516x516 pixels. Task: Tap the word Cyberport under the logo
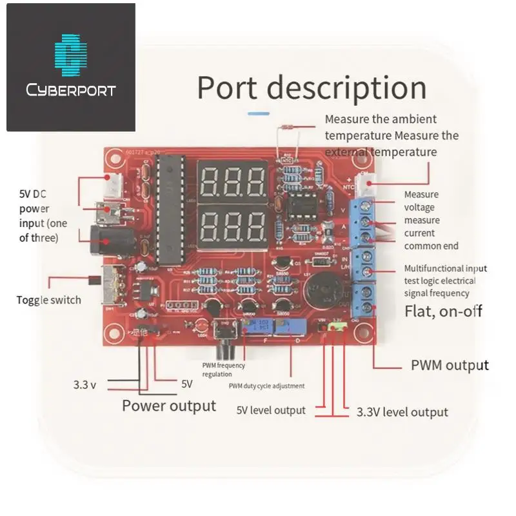[71, 90]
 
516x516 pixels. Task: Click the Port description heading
[312, 88]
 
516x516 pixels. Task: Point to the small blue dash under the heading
[259, 113]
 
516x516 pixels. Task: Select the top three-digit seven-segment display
[233, 183]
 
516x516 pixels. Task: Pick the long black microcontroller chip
[168, 210]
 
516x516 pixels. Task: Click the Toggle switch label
[49, 300]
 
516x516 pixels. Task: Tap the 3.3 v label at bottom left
[84, 385]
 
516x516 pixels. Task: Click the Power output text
[169, 406]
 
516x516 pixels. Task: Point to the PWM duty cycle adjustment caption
[267, 386]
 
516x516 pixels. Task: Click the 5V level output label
[271, 410]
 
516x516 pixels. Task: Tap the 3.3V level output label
[402, 412]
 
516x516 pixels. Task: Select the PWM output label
[450, 365]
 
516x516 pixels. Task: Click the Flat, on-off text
[443, 312]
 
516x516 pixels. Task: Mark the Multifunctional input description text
[445, 281]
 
